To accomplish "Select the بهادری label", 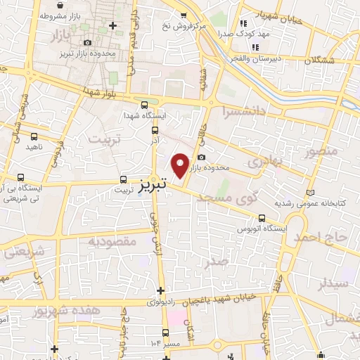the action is coord(266,162).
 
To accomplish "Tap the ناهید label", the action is coord(35,146).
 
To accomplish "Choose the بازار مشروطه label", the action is coord(60,15).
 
